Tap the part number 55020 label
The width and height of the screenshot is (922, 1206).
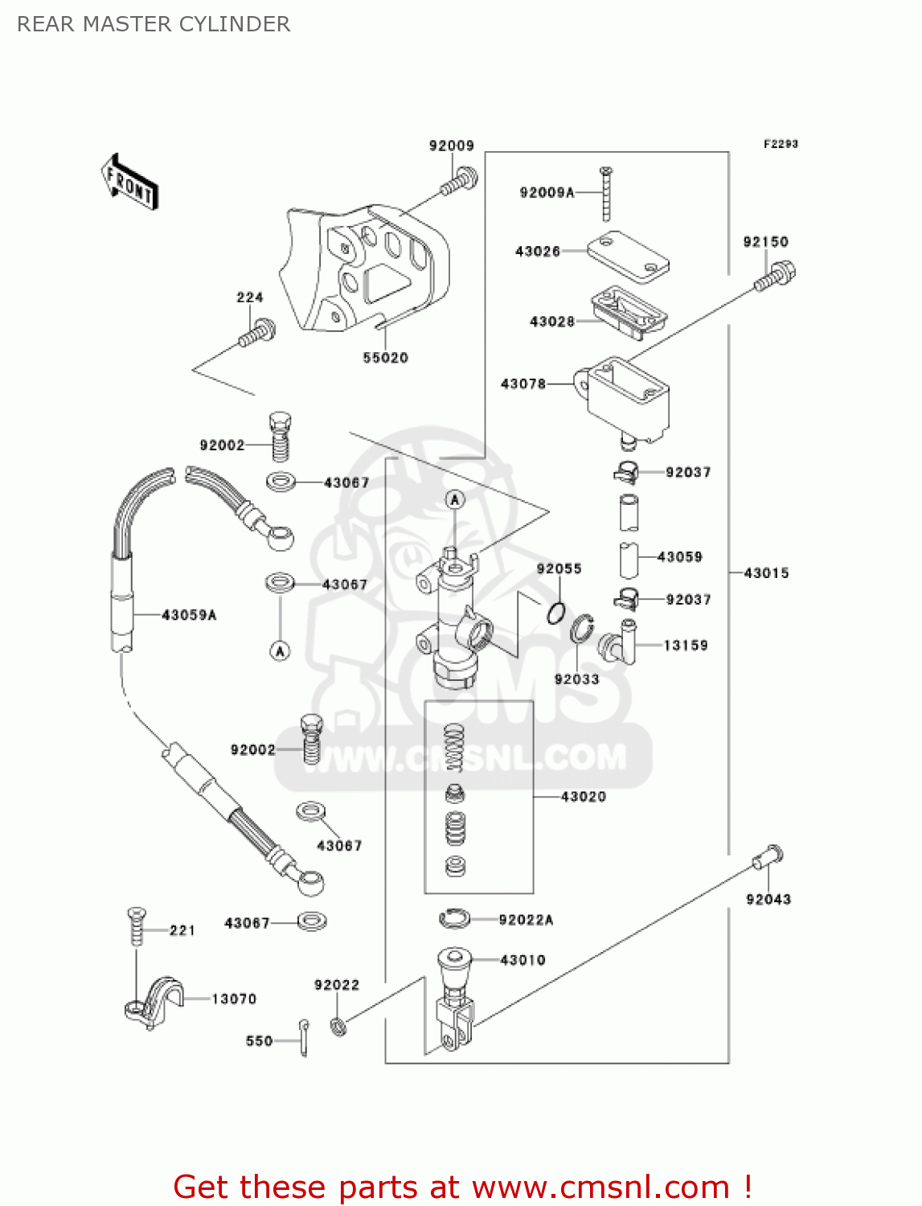coord(385,358)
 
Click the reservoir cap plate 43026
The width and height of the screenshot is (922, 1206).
coord(629,256)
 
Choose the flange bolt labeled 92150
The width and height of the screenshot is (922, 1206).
coord(776,277)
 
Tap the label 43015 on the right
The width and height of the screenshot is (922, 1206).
coord(766,573)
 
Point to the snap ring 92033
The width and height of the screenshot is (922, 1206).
coord(582,630)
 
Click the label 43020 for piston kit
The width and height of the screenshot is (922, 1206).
coord(584,797)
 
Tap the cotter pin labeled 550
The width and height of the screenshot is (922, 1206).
coord(304,1037)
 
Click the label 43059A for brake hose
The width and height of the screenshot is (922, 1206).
coord(189,615)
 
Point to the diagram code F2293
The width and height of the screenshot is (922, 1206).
coord(781,144)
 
